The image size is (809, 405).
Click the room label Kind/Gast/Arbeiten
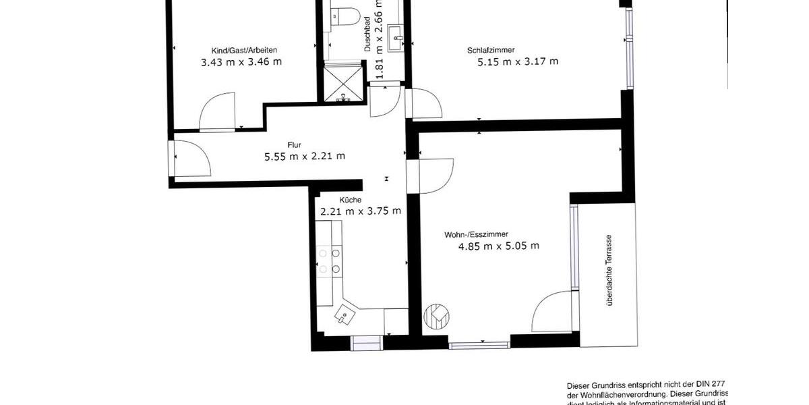(x=244, y=50)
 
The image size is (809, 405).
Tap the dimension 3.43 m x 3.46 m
(x=241, y=62)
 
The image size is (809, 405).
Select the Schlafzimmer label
(x=491, y=50)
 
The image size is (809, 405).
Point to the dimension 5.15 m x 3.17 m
(x=518, y=62)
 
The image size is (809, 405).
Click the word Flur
(x=294, y=144)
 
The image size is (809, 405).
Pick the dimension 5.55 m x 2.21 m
(x=305, y=157)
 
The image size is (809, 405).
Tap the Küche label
(x=351, y=200)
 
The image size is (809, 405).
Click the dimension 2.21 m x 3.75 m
(x=361, y=211)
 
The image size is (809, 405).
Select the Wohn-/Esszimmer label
(x=475, y=235)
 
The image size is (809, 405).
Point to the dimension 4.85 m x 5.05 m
(x=498, y=246)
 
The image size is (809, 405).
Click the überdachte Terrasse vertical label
(x=609, y=270)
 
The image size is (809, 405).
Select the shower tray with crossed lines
(x=344, y=83)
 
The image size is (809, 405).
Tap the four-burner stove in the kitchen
(x=328, y=261)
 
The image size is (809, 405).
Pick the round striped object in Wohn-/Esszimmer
(x=437, y=315)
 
